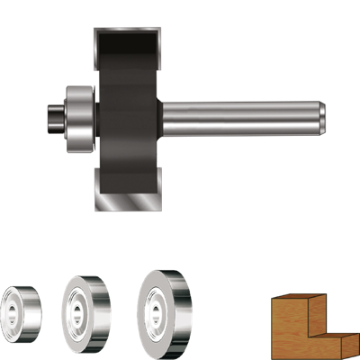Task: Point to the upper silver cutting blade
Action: tap(126, 36)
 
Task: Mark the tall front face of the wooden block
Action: tap(290, 333)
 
